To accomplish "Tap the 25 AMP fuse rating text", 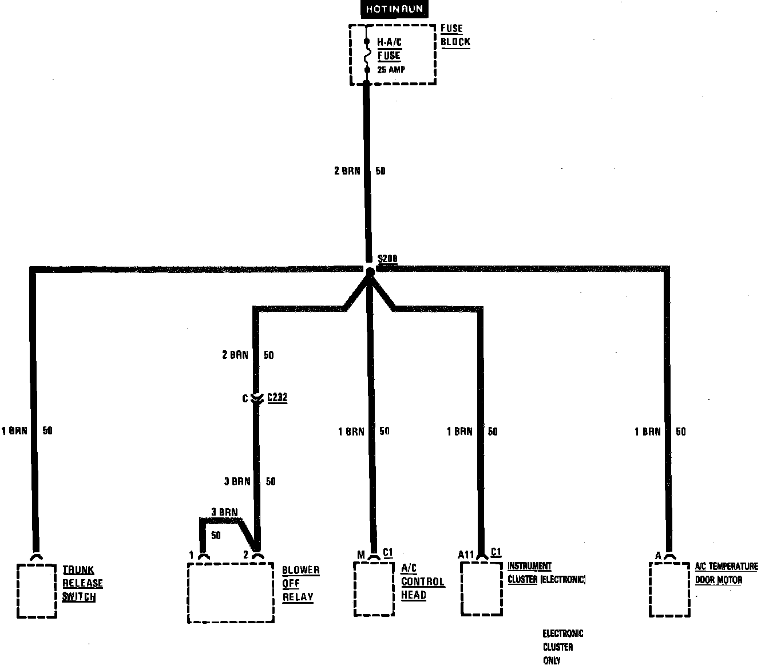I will pos(391,70).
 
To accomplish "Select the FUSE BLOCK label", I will pos(455,35).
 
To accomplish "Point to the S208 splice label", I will pos(387,259).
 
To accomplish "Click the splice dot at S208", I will pos(370,271).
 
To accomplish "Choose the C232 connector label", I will pos(278,397).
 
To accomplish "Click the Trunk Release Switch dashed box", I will pos(37,591).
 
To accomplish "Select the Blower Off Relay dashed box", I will pos(231,592).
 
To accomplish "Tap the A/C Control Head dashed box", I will pos(374,588).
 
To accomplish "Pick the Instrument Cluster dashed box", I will pos(482,588).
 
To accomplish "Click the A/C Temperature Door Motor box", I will pos(669,589).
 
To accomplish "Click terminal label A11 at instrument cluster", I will pos(466,554).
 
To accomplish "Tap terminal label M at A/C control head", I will pos(360,554).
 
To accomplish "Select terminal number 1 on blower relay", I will pos(192,555).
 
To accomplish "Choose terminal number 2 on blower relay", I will pos(245,555).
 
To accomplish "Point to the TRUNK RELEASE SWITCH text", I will pos(82,583).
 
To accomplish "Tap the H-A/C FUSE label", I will pos(389,49).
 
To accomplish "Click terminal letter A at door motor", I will pos(658,555).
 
